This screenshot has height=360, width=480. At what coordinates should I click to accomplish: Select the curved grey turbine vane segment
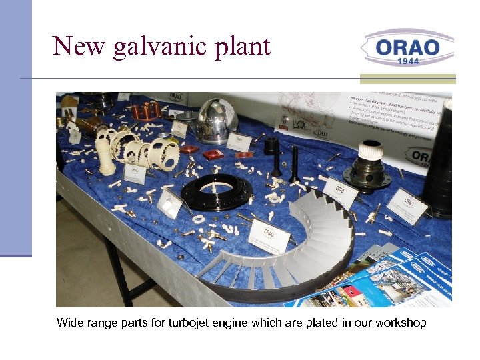click(x=293, y=247)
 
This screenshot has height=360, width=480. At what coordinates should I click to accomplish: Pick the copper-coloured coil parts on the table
click(x=144, y=110)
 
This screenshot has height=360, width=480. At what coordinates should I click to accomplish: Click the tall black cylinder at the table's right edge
click(x=441, y=160)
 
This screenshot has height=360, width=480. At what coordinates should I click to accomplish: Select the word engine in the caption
click(x=239, y=324)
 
